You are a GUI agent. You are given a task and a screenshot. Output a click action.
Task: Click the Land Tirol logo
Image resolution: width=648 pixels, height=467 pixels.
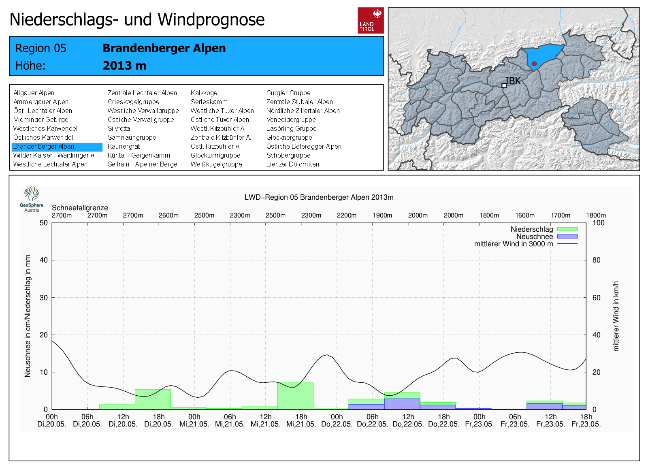(x=371, y=20)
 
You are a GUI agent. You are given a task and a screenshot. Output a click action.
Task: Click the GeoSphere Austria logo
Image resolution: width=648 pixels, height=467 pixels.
(x=32, y=199)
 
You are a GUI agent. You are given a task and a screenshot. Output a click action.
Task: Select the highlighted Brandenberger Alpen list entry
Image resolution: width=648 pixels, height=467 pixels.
(x=44, y=147)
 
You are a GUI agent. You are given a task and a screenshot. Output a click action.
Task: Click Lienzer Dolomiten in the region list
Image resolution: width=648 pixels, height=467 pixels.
(x=292, y=164)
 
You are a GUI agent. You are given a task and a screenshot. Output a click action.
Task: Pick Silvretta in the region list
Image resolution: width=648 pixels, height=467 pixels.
(x=119, y=129)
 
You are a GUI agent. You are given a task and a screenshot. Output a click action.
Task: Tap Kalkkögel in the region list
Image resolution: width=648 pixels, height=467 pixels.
(x=205, y=93)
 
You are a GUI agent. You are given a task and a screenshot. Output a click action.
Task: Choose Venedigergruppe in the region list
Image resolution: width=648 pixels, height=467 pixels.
(x=291, y=120)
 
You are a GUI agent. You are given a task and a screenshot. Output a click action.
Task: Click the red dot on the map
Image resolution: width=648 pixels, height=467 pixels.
(x=534, y=64)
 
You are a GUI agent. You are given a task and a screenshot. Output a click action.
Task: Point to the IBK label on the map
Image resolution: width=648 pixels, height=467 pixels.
(x=513, y=81)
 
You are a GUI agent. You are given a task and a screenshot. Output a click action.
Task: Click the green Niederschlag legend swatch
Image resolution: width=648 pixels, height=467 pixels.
(x=567, y=229)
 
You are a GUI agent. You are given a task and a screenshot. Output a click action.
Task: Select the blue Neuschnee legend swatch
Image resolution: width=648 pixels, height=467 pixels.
(x=567, y=237)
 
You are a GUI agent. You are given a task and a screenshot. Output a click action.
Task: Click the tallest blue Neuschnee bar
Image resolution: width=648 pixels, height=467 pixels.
(x=402, y=404)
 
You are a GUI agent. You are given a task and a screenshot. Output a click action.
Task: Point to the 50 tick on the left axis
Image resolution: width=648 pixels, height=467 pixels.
(x=44, y=223)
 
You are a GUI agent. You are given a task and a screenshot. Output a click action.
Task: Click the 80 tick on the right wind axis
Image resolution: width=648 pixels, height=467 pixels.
(x=596, y=260)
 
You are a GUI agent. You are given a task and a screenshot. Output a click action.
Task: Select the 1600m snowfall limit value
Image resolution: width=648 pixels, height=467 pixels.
(x=525, y=215)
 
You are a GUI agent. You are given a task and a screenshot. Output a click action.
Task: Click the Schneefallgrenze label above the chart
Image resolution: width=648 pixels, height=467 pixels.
(x=80, y=208)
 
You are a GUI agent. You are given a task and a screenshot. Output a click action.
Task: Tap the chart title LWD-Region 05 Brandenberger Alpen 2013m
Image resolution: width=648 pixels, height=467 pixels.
(x=319, y=197)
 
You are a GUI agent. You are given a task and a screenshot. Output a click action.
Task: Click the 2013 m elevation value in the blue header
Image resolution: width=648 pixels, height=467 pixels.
(x=124, y=66)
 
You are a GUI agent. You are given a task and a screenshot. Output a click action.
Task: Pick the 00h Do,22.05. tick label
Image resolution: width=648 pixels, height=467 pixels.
(x=337, y=420)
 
